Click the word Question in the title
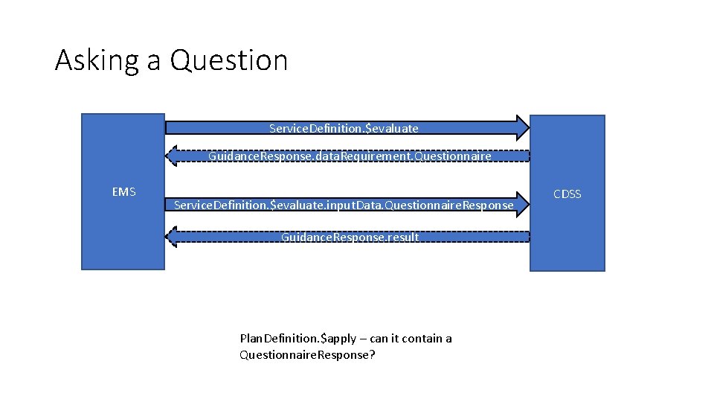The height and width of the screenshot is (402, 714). point(228,60)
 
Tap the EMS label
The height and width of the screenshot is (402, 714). point(123,192)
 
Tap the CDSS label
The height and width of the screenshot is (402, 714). point(567,194)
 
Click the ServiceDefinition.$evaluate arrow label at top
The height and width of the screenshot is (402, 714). point(344,129)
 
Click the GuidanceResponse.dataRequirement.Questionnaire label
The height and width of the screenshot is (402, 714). point(350,156)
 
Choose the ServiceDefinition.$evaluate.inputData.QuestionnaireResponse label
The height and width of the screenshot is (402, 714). point(343,205)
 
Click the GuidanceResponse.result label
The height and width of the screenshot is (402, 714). point(350,237)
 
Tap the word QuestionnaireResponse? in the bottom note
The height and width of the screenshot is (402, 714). point(307,355)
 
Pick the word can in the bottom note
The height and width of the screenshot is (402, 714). point(379,339)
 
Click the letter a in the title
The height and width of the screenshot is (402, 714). point(153,60)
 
